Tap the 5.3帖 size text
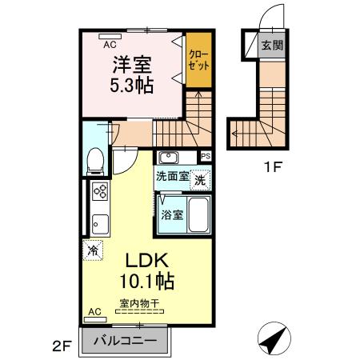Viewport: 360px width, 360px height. point(131,82)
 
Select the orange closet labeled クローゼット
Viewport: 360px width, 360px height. point(198,61)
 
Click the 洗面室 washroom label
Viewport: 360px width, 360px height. point(171,177)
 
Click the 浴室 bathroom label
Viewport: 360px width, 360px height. point(172,214)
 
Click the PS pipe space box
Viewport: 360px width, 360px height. point(206,157)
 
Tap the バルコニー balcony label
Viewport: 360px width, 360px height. point(125,339)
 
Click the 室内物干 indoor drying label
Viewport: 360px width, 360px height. point(139,302)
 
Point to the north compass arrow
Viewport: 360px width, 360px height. point(274,339)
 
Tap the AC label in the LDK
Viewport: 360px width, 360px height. point(94,310)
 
